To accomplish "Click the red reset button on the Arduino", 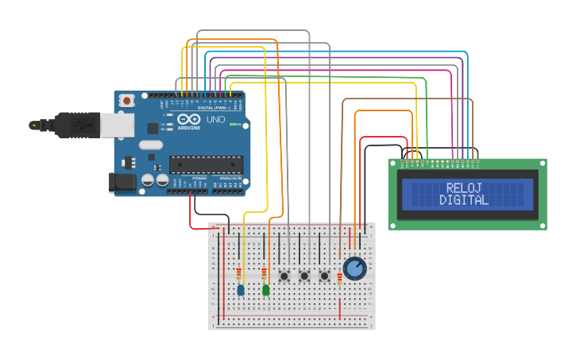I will [126, 101].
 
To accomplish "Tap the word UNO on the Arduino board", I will [216, 119].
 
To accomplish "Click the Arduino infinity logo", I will [189, 120].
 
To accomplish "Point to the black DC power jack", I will [122, 182].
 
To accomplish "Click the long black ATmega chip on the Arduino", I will [206, 165].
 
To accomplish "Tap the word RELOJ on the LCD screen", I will [465, 188].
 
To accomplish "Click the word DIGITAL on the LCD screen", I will [465, 200].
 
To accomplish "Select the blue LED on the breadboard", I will [241, 290].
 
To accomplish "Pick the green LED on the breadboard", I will [265, 290].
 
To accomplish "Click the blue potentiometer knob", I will [354, 268].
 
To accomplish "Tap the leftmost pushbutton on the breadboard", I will [284, 276].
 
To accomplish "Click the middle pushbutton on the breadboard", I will [304, 276].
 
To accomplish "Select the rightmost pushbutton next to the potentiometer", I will [324, 276].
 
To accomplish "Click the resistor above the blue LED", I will [239, 273].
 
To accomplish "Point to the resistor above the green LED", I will [264, 273].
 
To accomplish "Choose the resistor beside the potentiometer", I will [339, 277].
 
